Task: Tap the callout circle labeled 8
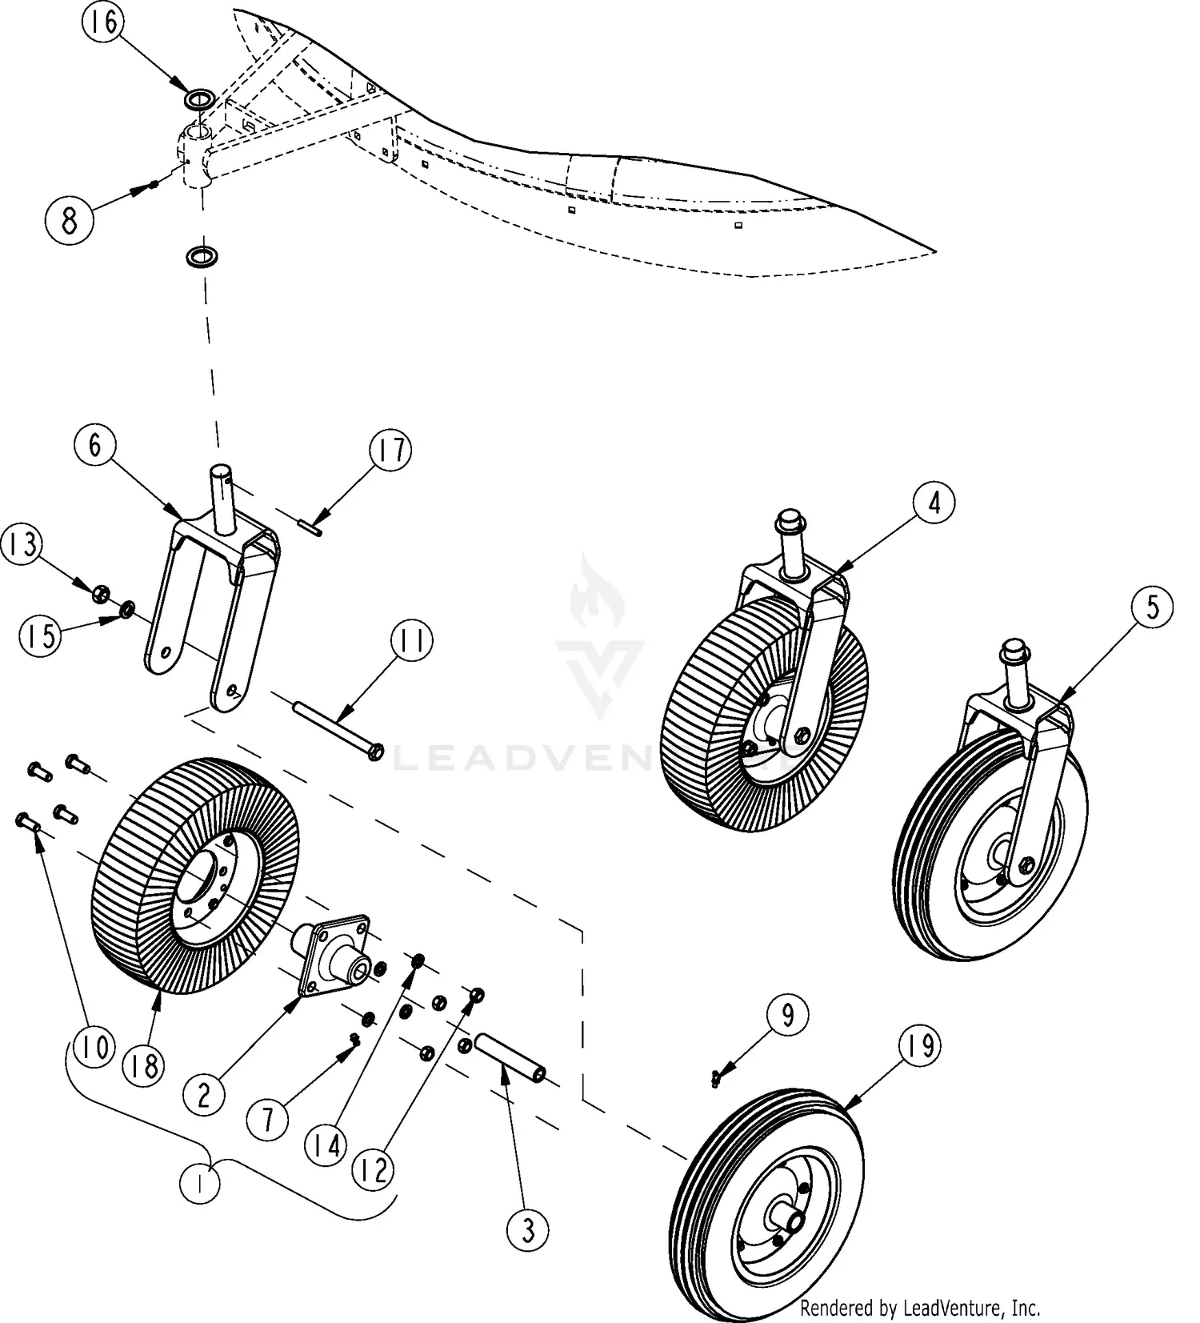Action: click(70, 219)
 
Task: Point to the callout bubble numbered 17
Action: click(390, 451)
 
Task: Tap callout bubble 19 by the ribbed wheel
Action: click(919, 1045)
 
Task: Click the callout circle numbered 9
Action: click(788, 1016)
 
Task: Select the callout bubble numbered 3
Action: click(528, 1229)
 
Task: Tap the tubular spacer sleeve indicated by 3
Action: click(510, 1058)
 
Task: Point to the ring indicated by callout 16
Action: click(199, 100)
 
